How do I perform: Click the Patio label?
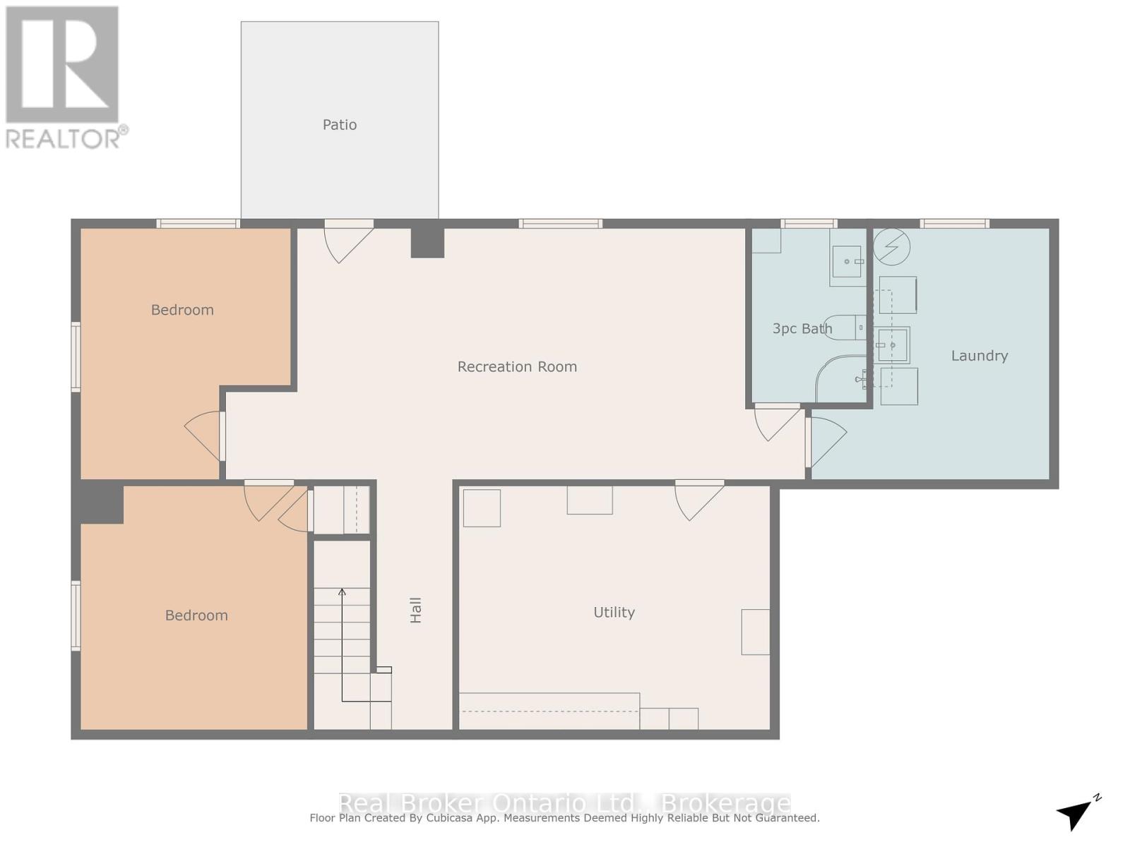(340, 125)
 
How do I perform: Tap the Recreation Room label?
(517, 366)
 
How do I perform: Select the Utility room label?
(614, 612)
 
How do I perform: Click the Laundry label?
(979, 356)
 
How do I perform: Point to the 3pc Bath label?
(802, 328)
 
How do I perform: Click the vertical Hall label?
(416, 610)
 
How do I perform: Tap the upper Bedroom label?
(182, 310)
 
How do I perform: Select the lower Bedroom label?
(196, 615)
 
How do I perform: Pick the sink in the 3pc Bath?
(847, 262)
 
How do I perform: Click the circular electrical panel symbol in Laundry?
(891, 247)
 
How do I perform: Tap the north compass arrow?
(1076, 813)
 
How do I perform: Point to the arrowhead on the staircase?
(342, 592)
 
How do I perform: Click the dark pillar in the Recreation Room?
(427, 242)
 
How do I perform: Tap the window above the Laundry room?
(954, 224)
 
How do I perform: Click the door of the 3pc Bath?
(777, 421)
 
